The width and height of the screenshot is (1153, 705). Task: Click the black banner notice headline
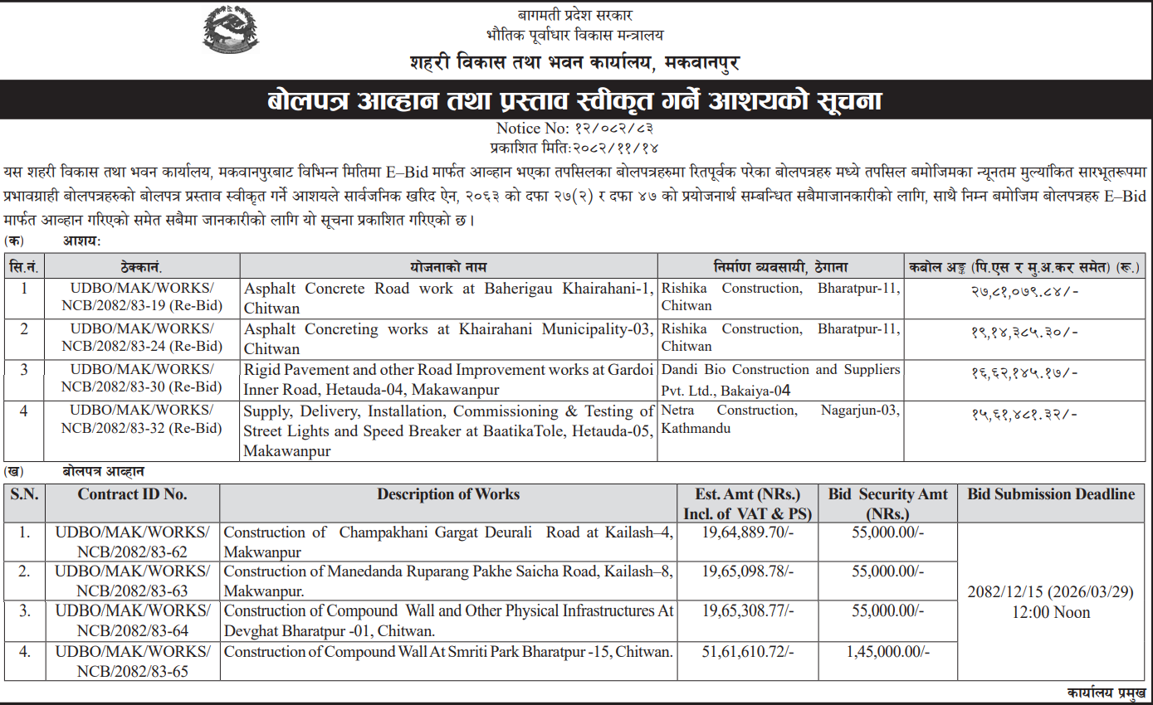coord(575,101)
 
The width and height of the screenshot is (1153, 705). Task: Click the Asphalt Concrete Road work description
coord(448,298)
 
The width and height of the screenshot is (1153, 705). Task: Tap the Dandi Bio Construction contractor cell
coord(780,379)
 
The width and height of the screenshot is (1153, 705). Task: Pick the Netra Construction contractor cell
coord(780,420)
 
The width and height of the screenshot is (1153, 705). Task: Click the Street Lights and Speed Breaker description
coord(448,431)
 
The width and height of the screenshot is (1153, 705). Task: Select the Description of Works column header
coord(448,494)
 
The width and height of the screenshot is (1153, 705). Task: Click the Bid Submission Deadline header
coord(1051,494)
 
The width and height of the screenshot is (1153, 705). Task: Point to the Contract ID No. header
coord(133,494)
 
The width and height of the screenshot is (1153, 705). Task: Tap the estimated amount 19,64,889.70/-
coord(747,532)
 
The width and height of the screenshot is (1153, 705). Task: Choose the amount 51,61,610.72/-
coord(747,652)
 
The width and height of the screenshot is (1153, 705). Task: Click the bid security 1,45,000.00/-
coord(887,652)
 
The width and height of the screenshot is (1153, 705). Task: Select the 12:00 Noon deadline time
coord(1051,613)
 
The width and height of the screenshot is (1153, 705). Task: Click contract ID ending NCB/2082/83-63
coord(133,581)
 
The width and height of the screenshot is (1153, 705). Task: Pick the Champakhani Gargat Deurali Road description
coord(448,542)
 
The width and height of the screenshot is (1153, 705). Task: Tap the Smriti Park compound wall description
coord(448,652)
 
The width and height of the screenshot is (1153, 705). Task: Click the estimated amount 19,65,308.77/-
coord(747,611)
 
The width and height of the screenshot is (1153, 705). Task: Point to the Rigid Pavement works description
coord(448,379)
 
